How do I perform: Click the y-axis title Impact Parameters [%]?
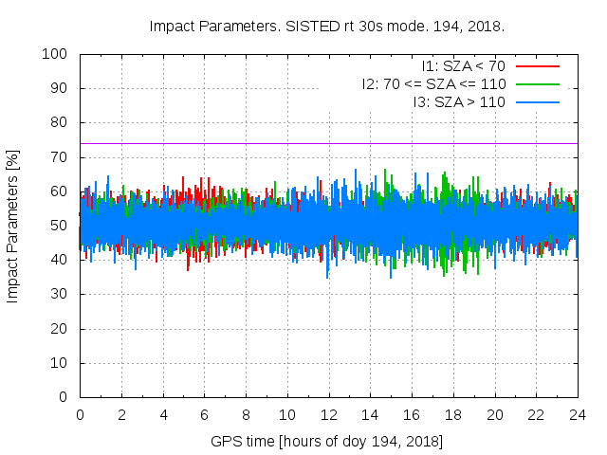pyautogui.click(x=13, y=226)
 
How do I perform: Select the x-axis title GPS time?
pyautogui.click(x=328, y=442)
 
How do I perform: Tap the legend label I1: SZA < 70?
pyautogui.click(x=463, y=66)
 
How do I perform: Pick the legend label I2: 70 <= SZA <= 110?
pyautogui.click(x=433, y=83)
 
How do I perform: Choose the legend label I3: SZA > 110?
pyautogui.click(x=459, y=101)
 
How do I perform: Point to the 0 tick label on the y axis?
pyautogui.click(x=66, y=397)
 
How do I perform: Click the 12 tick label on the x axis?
pyautogui.click(x=328, y=415)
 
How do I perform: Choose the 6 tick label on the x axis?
pyautogui.click(x=204, y=415)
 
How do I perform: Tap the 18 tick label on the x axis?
pyautogui.click(x=452, y=415)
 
